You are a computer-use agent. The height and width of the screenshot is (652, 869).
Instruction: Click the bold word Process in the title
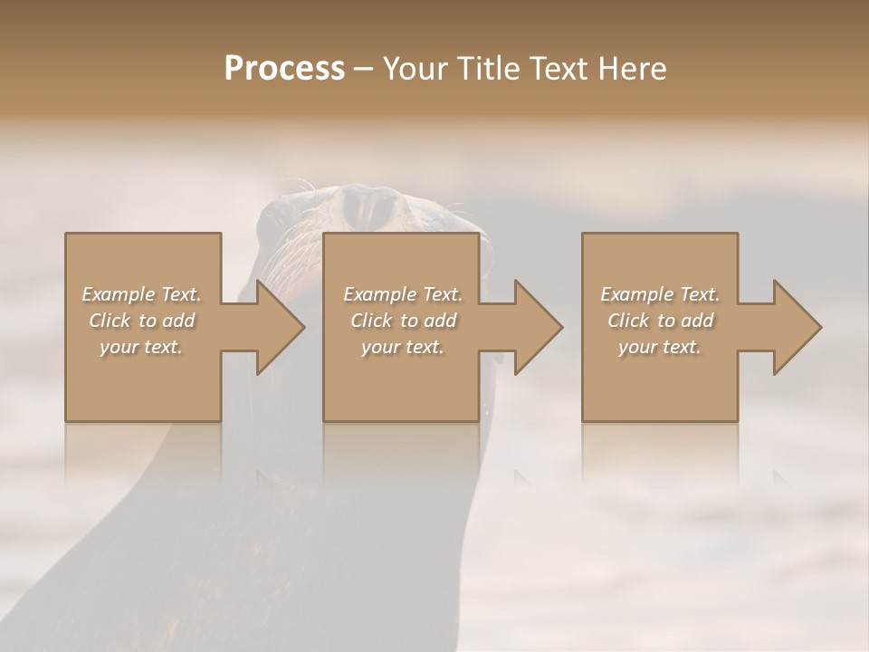click(x=284, y=69)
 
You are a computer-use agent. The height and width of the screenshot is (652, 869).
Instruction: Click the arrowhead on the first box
click(x=277, y=327)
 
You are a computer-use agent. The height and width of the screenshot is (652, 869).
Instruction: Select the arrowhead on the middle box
click(x=535, y=327)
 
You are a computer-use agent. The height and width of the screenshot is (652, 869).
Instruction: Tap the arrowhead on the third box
click(x=795, y=327)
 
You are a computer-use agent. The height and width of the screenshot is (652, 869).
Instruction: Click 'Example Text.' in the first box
click(x=141, y=294)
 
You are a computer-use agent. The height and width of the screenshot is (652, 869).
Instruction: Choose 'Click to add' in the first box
click(x=141, y=321)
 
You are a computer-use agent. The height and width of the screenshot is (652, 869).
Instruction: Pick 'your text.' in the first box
click(x=141, y=347)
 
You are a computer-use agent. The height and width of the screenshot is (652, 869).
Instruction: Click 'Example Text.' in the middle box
click(x=403, y=294)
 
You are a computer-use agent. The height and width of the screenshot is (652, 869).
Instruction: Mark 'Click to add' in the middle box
click(x=403, y=321)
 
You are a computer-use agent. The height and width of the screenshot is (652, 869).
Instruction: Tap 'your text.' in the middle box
click(x=403, y=347)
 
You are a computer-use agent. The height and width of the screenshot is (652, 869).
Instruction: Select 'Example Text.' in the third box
click(x=660, y=294)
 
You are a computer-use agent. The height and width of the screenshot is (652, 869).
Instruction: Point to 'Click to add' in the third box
click(x=660, y=321)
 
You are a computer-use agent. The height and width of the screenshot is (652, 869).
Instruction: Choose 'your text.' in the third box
click(x=660, y=347)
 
